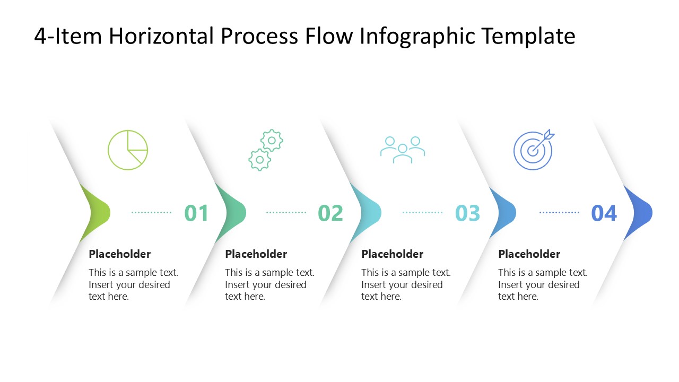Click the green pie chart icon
coord(128,150)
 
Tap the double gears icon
coord(266,150)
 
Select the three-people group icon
coord(403,150)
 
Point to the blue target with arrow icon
coord(534,150)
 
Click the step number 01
coord(197,213)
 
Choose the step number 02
coord(330,213)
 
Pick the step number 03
coord(467,213)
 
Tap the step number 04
coord(604,213)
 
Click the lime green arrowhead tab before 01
coord(97,213)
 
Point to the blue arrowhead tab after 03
coord(504,213)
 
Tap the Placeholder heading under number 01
coord(120,254)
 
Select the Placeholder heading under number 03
coord(393,254)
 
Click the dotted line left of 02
coord(286,213)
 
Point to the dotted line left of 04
coord(559,213)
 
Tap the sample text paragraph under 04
coord(543,284)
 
